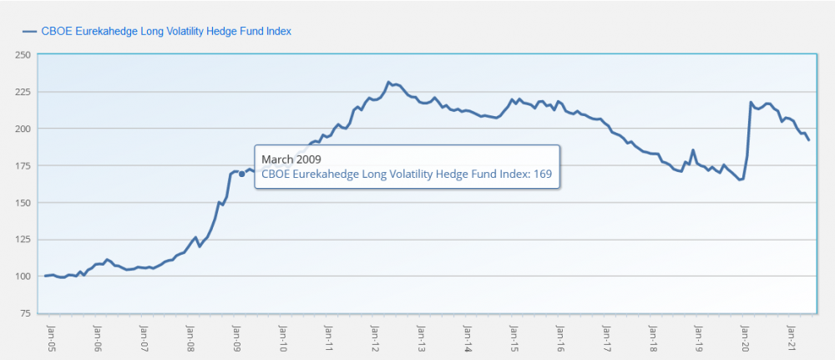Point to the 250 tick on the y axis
(x=23, y=55)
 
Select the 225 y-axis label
(x=23, y=92)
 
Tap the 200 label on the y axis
(x=23, y=129)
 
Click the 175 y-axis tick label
(x=23, y=165)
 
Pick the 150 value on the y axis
(x=23, y=203)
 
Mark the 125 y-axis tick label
(x=23, y=240)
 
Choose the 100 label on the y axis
(x=23, y=276)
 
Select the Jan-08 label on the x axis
(x=190, y=334)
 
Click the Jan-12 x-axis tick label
(x=375, y=334)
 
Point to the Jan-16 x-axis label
(x=559, y=334)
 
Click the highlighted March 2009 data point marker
(x=241, y=175)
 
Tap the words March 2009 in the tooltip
(x=291, y=159)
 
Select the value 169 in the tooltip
(x=544, y=175)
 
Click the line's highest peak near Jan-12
(x=389, y=83)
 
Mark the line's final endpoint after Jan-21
(x=808, y=139)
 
